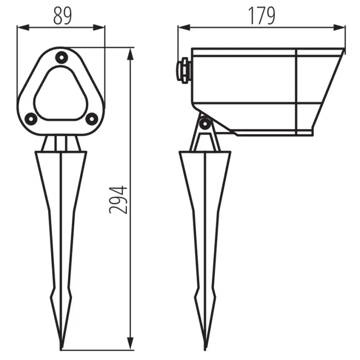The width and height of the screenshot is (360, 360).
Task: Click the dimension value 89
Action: coord(62,16)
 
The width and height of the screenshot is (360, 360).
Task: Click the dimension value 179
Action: coord(261,16)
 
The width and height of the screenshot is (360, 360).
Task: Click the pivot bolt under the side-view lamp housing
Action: coord(205,124)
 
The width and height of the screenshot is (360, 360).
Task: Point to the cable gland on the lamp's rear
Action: coord(184,70)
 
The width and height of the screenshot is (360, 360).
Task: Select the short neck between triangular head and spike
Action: coord(61,143)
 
